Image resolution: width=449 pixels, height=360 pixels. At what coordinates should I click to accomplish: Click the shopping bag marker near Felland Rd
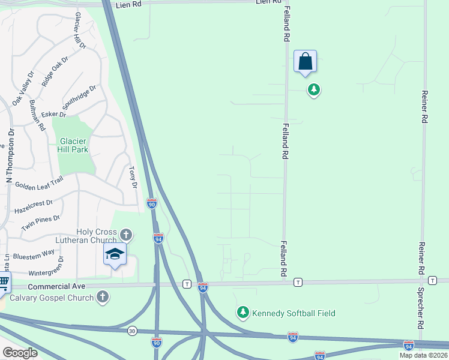tap(305, 62)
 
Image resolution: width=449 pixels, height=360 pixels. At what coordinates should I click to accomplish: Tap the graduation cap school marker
tap(115, 255)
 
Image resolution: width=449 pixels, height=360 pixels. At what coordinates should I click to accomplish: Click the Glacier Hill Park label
tap(74, 146)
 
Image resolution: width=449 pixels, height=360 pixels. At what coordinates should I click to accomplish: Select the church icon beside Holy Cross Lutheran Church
tap(125, 234)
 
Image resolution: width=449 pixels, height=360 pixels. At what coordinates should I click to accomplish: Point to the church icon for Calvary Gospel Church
tap(103, 296)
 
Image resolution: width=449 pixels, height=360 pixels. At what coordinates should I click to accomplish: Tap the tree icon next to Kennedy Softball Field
tap(243, 312)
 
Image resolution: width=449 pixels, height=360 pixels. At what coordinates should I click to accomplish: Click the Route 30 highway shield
tap(132, 331)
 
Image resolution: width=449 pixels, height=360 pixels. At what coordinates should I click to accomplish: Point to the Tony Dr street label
tap(133, 178)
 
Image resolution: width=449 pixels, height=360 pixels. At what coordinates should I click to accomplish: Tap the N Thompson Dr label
tap(9, 156)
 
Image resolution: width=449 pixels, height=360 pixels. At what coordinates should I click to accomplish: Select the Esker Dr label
tap(53, 114)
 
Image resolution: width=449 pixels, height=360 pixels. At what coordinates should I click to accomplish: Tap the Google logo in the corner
tap(20, 352)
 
